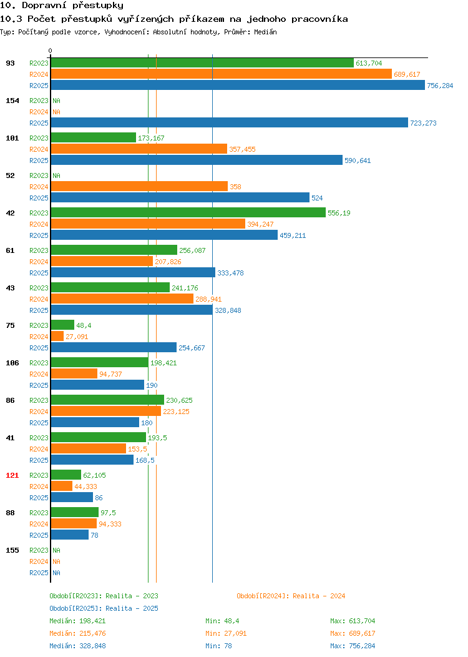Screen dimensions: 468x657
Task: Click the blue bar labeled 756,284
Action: pos(238,85)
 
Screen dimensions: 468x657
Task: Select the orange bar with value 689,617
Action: pos(222,74)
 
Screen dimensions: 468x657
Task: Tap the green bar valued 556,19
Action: pos(188,212)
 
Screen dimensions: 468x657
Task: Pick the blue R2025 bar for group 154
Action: pos(230,122)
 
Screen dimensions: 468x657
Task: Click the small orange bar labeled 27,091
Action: pos(57,336)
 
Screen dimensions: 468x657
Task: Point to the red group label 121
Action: pos(12,475)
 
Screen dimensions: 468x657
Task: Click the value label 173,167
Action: pos(151,138)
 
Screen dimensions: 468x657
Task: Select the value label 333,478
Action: pos(230,273)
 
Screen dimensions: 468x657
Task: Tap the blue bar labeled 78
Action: pos(70,535)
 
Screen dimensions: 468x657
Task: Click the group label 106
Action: pos(12,363)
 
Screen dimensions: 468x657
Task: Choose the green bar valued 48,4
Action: pos(63,325)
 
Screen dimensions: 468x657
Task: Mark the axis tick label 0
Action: pos(51,51)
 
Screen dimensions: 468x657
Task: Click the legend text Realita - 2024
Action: pos(319,596)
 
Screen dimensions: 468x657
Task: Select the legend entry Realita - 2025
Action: pos(132,608)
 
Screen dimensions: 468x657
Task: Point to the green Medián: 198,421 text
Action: pos(77,621)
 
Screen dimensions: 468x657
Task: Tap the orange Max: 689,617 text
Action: pos(353,633)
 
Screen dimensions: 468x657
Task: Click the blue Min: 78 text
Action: pos(218,646)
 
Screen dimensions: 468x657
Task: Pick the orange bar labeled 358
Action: pos(139,186)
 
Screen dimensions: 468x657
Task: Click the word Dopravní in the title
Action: pos(44,6)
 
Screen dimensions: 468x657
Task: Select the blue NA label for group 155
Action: pos(57,573)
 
